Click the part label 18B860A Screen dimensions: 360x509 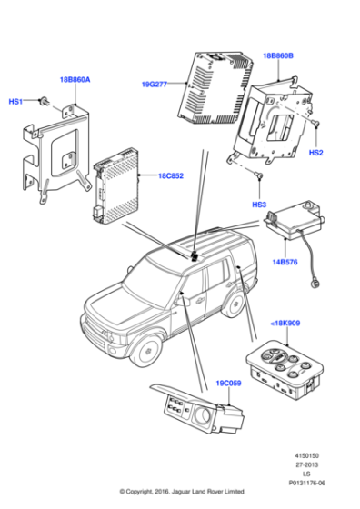tap(75, 80)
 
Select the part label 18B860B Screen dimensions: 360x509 tap(278, 55)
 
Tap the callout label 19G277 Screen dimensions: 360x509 tap(155, 85)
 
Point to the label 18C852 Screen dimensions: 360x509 tap(171, 176)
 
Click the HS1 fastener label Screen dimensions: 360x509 tap(15, 102)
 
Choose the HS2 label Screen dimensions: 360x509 tap(315, 153)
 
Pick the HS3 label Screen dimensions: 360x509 tap(259, 205)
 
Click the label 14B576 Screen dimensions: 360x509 tap(285, 262)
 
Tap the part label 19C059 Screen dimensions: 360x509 tap(228, 384)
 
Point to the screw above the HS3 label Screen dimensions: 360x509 tap(259, 175)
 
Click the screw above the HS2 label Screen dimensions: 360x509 tap(315, 123)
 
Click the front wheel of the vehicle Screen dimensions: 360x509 tap(147, 350)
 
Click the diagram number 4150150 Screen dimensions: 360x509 tap(306, 455)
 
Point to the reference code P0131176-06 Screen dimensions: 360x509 tap(306, 483)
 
